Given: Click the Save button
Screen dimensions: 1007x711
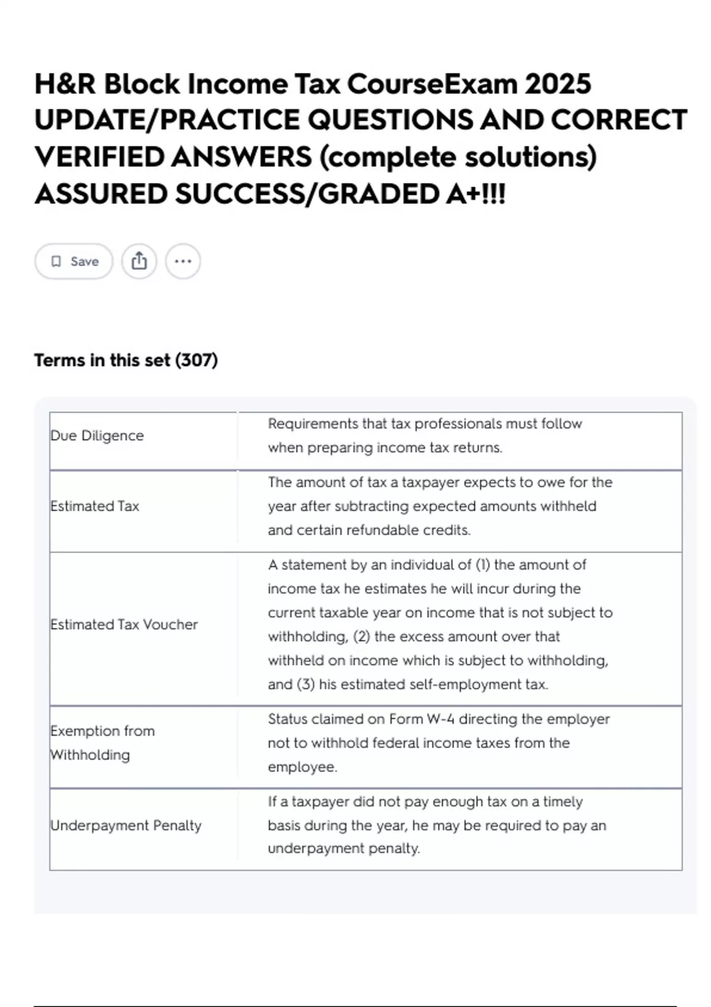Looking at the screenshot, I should click(73, 261).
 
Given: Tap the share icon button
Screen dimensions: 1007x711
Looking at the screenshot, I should click(139, 261).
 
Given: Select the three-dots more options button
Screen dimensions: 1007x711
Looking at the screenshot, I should click(183, 261).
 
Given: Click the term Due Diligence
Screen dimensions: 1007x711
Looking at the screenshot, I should click(97, 435).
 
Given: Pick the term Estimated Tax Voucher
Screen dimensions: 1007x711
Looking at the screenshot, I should click(124, 624).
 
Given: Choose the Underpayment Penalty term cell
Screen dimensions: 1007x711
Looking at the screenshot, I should click(126, 825).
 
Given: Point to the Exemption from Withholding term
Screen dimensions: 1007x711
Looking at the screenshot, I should click(103, 743).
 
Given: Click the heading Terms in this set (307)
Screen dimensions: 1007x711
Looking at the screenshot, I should click(126, 360).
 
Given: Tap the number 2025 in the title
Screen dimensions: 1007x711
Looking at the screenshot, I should click(558, 84).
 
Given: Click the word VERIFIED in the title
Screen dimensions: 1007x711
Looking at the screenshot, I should click(99, 157).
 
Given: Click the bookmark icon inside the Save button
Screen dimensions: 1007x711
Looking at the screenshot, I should click(56, 261).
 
